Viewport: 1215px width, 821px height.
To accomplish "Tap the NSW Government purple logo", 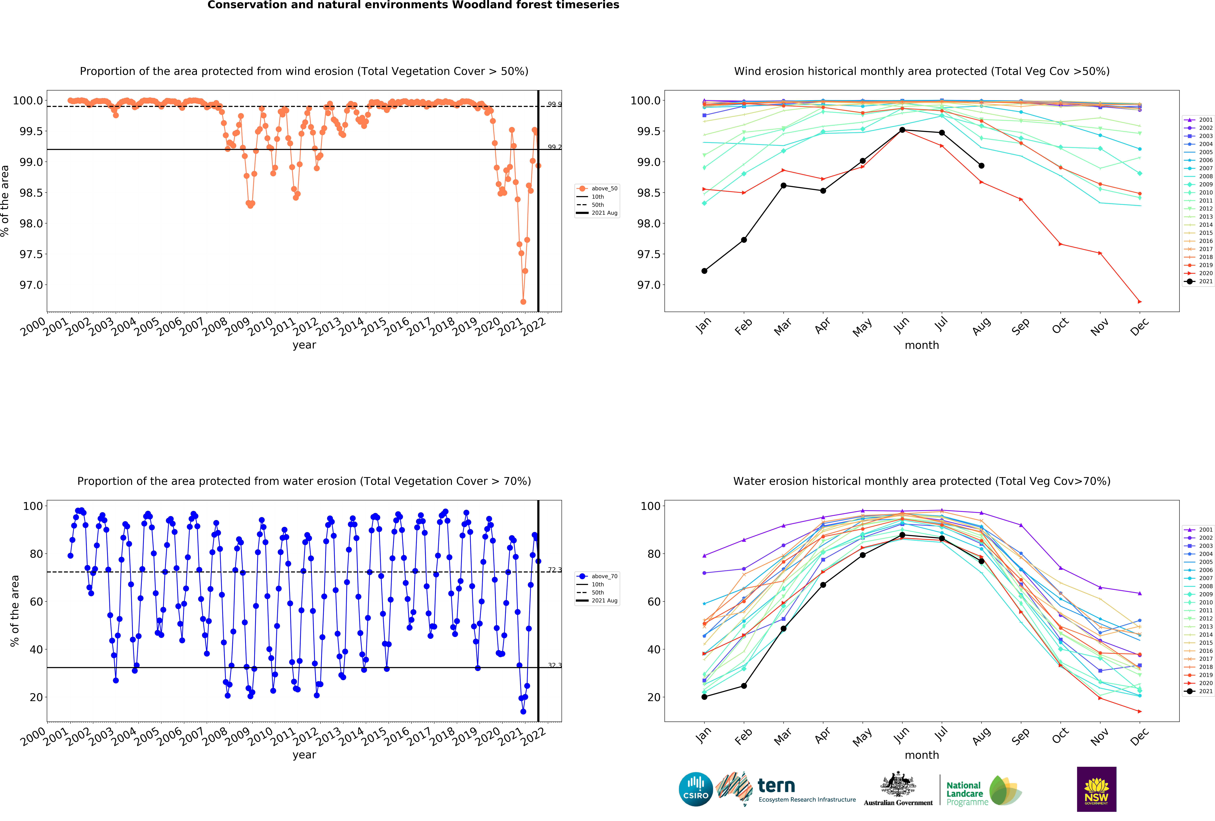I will point(1096,789).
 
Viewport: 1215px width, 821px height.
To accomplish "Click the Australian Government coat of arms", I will point(898,784).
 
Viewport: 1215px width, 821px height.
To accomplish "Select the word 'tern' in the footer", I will point(776,785).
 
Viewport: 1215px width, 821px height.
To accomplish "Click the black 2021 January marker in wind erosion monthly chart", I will point(704,271).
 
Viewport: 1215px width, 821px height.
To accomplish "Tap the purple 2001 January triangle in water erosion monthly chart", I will point(704,556).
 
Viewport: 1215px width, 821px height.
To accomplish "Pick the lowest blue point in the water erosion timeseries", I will point(523,711).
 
